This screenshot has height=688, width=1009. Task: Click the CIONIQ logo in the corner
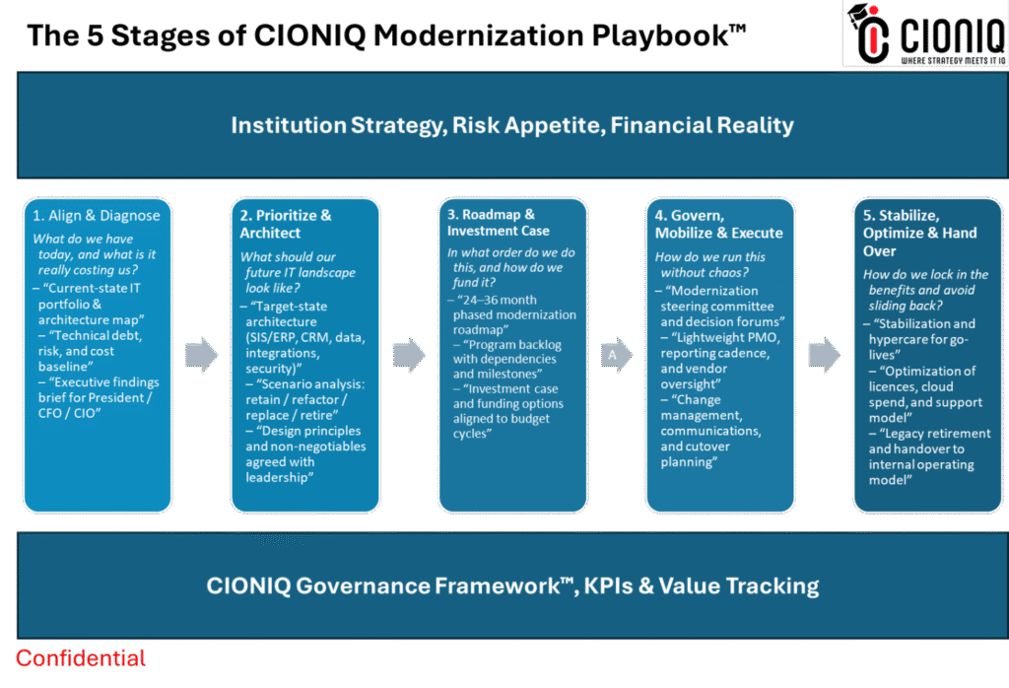(925, 34)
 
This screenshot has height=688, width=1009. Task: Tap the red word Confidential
(81, 658)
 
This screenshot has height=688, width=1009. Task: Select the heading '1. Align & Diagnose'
(97, 216)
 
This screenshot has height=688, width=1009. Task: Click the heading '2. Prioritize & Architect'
(286, 224)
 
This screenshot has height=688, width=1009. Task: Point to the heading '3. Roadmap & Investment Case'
(499, 223)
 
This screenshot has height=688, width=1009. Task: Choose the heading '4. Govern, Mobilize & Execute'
(718, 224)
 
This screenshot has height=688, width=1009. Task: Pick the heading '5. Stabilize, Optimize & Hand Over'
(919, 233)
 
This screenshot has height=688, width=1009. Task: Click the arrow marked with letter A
(617, 355)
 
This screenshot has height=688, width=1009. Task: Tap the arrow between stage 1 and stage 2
(201, 355)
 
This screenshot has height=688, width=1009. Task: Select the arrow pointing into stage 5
(825, 355)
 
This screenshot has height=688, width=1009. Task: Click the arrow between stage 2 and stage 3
(409, 355)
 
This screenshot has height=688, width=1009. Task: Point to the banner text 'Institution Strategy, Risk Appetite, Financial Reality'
(512, 125)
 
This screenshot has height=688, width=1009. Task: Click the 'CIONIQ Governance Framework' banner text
(512, 585)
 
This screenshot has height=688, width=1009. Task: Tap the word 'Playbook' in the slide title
(669, 35)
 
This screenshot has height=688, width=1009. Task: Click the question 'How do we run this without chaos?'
(710, 264)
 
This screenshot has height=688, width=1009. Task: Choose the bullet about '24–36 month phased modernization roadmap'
(512, 314)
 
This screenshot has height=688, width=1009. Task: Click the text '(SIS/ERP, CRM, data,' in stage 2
(305, 337)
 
